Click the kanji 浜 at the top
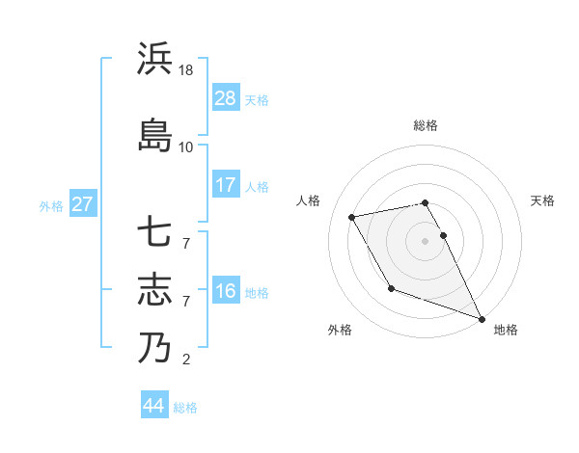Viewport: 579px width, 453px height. click(155, 60)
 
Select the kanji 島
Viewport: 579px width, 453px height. click(155, 134)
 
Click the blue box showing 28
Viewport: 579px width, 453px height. click(226, 98)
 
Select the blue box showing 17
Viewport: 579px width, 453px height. click(226, 184)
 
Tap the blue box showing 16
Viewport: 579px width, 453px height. click(226, 291)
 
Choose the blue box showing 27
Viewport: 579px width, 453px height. click(83, 204)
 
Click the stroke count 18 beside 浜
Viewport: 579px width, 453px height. click(186, 71)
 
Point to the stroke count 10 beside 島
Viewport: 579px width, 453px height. click(186, 147)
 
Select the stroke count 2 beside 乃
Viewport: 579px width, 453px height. click(186, 360)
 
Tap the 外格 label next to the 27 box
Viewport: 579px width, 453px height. click(51, 205)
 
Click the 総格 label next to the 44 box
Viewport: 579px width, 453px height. click(185, 408)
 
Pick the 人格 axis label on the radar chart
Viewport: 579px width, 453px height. click(309, 200)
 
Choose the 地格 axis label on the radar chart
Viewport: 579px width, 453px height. click(506, 330)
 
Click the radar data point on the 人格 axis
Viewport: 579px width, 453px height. click(352, 217)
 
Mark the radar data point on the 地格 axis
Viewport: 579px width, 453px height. click(482, 318)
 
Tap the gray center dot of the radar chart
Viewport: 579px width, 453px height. click(425, 241)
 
